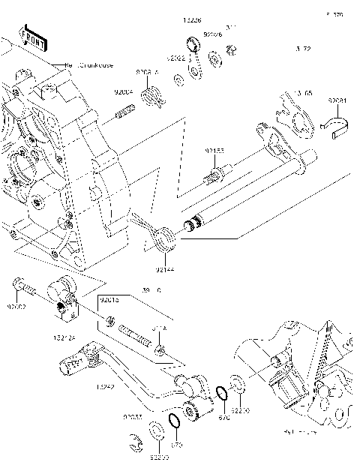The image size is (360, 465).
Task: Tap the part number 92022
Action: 175,57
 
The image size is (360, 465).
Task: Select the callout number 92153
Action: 215,151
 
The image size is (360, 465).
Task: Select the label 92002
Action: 17,307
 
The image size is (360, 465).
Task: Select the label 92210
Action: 240,411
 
